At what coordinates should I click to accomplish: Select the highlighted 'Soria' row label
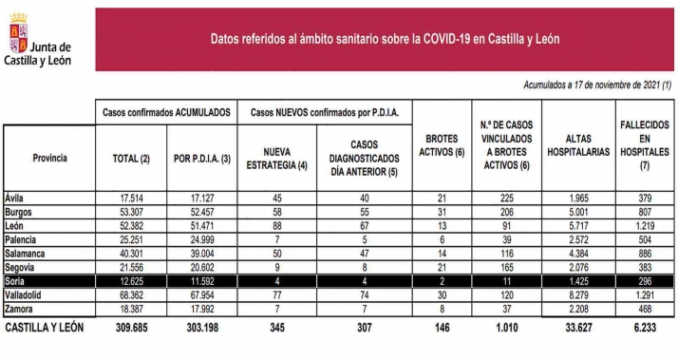(x=16, y=282)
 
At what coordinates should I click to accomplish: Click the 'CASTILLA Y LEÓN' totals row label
(x=47, y=328)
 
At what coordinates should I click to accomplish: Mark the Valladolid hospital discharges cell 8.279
(x=576, y=296)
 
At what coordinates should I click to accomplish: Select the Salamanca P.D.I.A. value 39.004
(x=199, y=254)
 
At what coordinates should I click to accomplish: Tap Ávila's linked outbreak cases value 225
(x=505, y=198)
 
